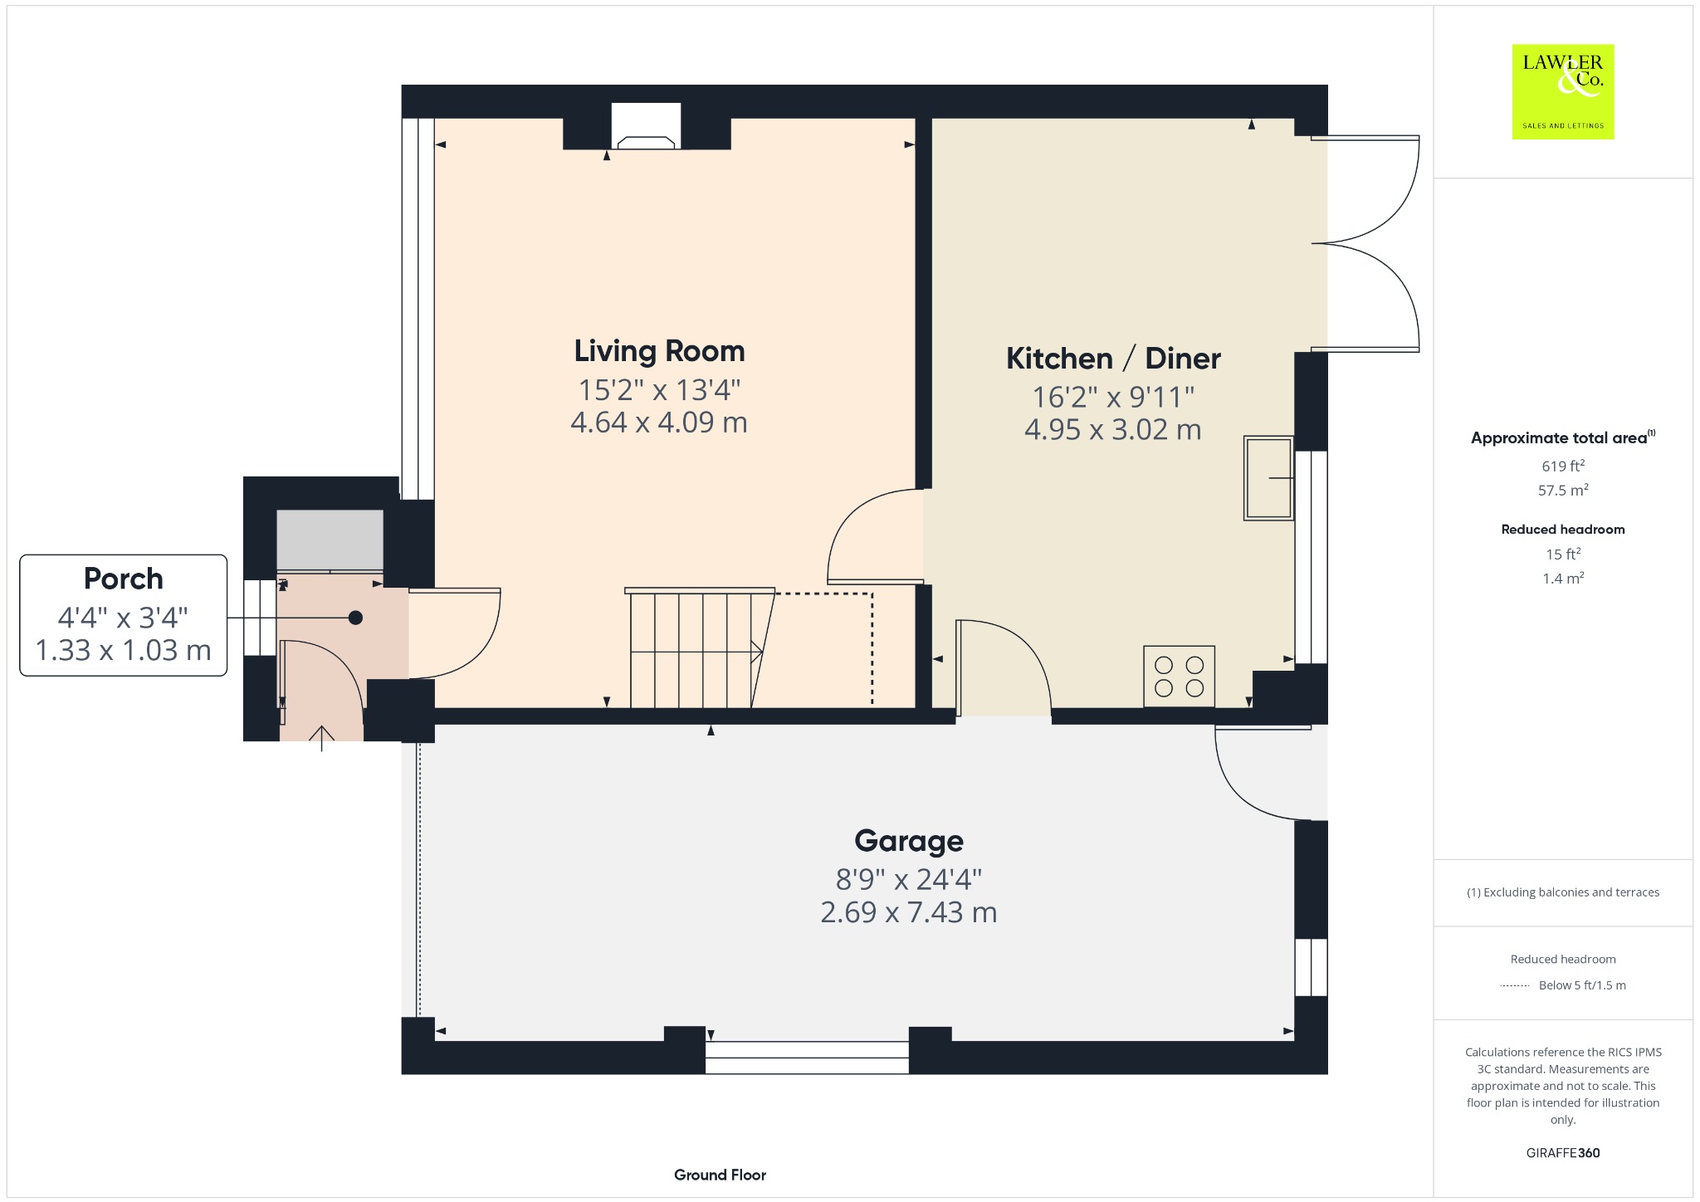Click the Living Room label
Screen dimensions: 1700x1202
(659, 352)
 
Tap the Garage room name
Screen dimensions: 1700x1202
(909, 842)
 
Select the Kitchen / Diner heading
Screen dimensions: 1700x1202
(1113, 359)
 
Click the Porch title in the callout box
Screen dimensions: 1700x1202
(124, 579)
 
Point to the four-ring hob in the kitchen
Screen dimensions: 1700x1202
(1179, 677)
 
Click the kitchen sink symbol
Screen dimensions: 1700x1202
(1268, 478)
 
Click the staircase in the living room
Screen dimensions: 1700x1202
(700, 648)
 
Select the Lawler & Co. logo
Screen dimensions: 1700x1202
(1563, 91)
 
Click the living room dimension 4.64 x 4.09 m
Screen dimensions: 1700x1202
(659, 423)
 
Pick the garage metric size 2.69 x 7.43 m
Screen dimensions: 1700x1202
(909, 912)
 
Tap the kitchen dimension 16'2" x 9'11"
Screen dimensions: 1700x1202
(1113, 397)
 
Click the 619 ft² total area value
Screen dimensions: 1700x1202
(1563, 466)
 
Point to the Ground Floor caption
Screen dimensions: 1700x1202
(720, 1175)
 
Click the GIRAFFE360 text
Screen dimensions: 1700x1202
(1563, 1152)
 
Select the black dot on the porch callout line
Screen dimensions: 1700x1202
(355, 618)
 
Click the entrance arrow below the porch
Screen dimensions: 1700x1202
(321, 738)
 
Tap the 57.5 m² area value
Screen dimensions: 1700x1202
(1563, 490)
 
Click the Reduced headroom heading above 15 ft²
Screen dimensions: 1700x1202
(1563, 529)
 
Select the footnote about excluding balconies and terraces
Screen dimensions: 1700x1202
(1563, 892)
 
